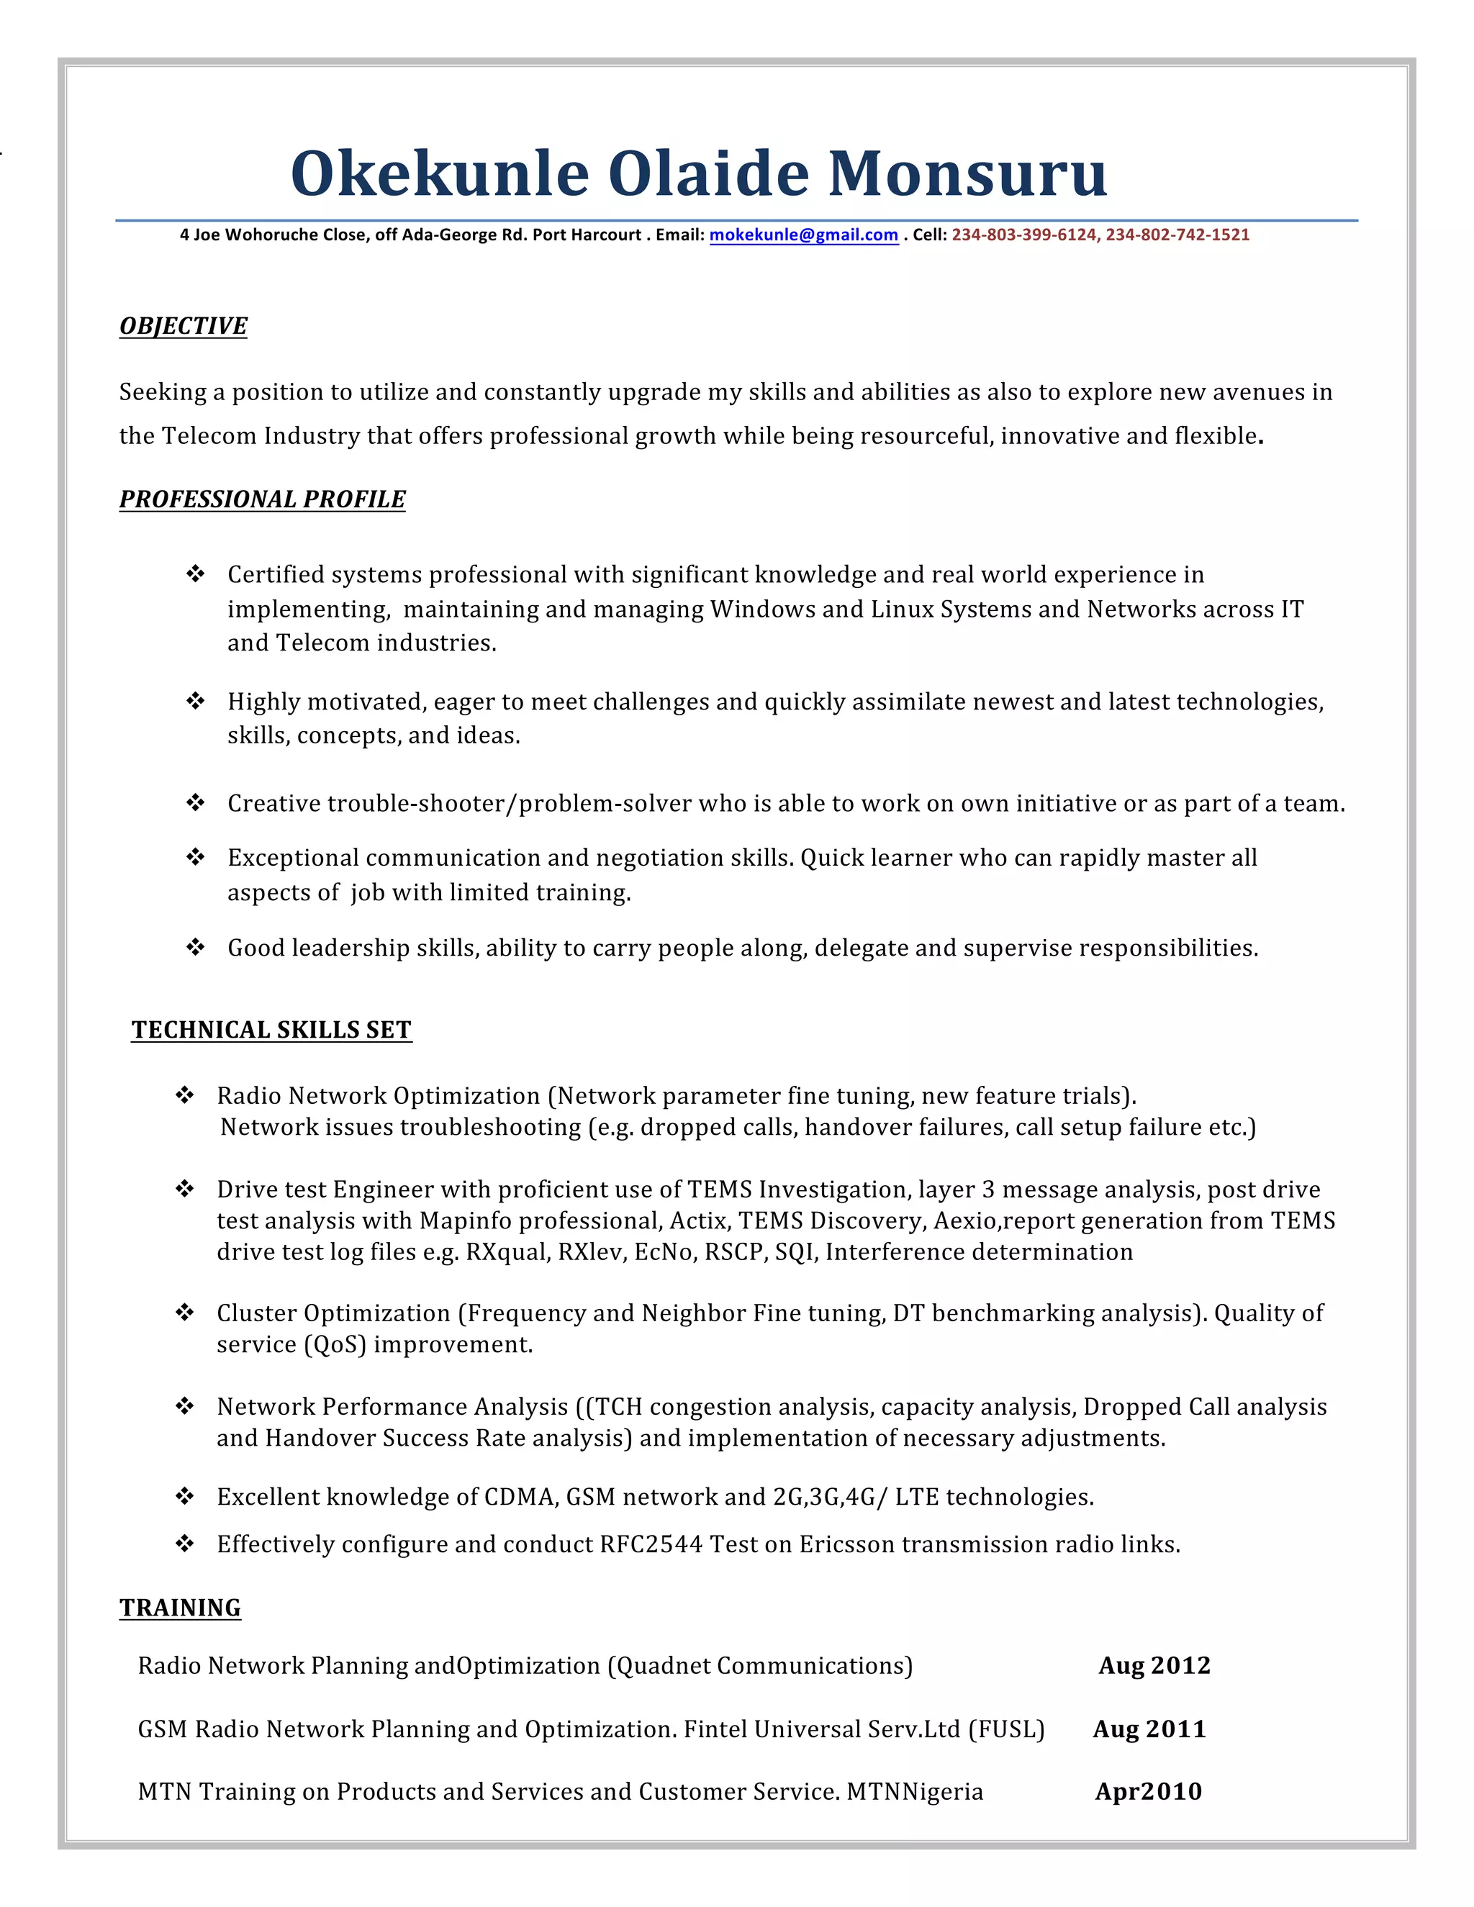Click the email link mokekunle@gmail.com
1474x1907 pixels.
click(x=803, y=235)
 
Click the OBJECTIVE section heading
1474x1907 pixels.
click(x=184, y=326)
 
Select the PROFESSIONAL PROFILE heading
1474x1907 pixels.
click(x=262, y=499)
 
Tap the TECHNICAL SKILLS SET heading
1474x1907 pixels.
click(x=271, y=1030)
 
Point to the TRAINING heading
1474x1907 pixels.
click(x=180, y=1608)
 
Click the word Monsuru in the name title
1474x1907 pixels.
click(x=967, y=173)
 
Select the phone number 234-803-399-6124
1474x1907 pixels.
click(x=1025, y=235)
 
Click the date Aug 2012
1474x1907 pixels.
click(x=1154, y=1665)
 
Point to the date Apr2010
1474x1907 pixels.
click(x=1148, y=1792)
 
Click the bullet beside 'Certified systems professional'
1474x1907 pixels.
click(x=196, y=574)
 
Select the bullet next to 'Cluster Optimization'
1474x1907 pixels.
click(x=185, y=1313)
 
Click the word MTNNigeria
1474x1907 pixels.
click(x=915, y=1792)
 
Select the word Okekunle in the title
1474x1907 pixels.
click(x=440, y=173)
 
